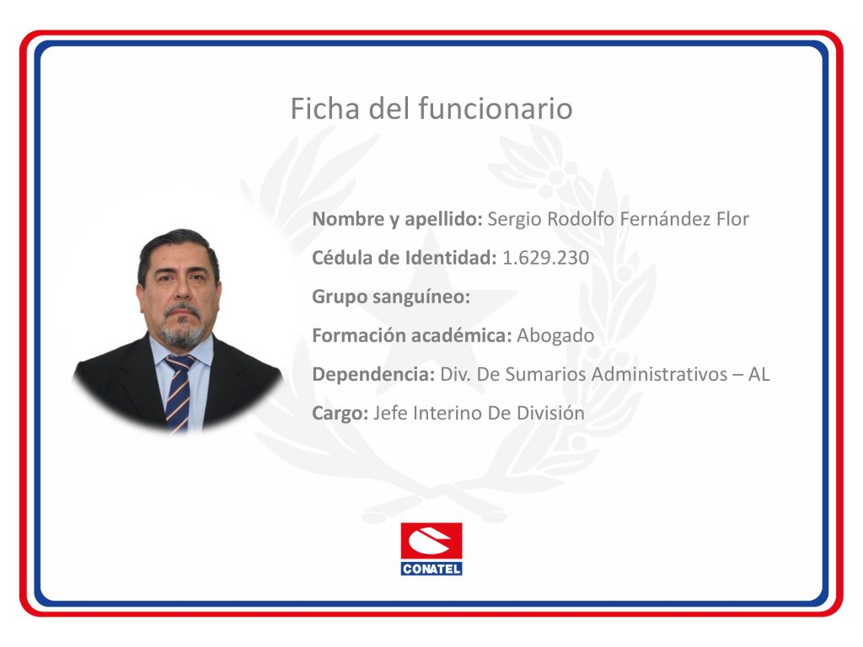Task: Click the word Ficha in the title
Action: (325, 108)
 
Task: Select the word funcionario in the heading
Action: (496, 108)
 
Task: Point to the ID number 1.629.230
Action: (545, 258)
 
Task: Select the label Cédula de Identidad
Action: (405, 258)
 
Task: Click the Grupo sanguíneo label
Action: (391, 297)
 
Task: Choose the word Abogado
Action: (555, 335)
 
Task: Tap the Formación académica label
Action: (412, 335)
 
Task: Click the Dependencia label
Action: (373, 375)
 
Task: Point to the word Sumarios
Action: (546, 374)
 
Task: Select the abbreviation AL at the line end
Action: (758, 374)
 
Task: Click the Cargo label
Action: (340, 413)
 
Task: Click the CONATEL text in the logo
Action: (431, 569)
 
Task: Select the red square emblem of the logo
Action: (431, 542)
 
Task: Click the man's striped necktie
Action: (179, 393)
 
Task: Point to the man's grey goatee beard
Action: (182, 329)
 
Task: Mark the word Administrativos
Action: (659, 374)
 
